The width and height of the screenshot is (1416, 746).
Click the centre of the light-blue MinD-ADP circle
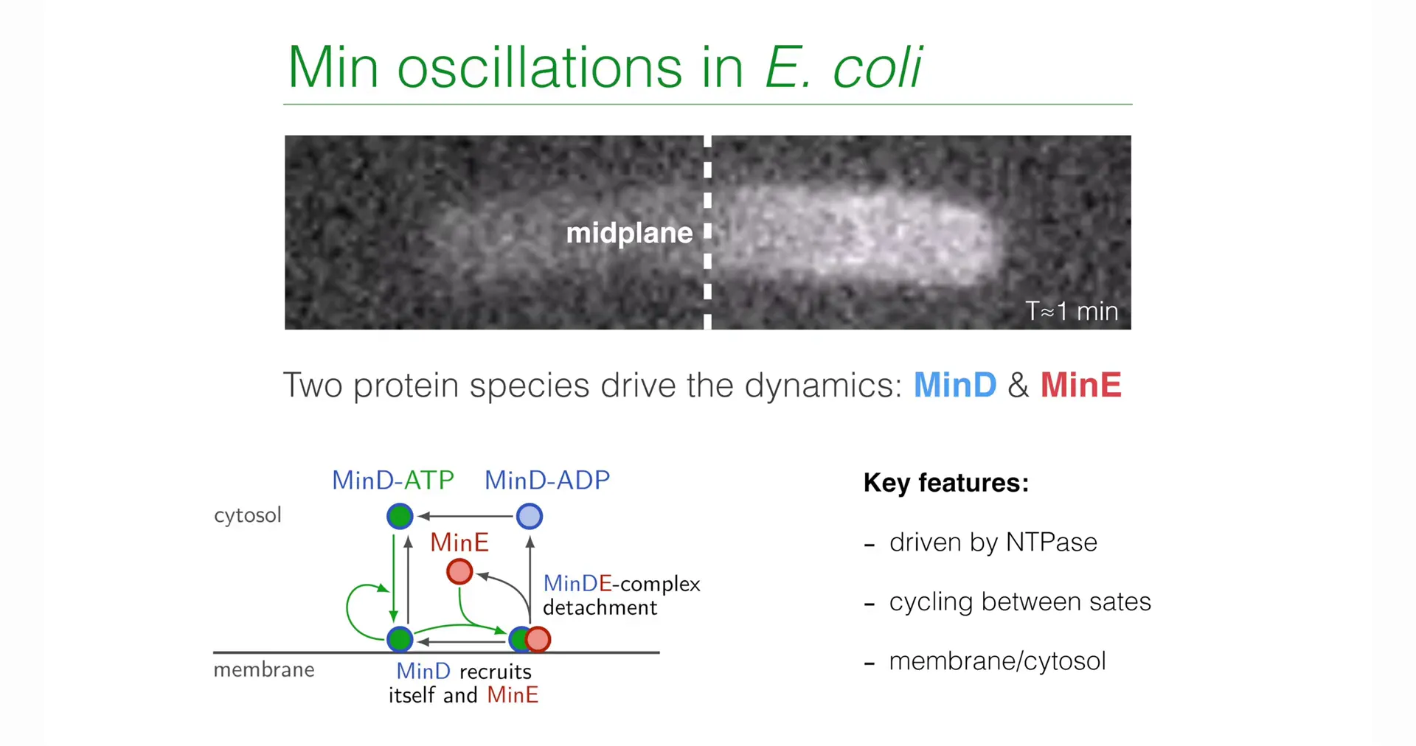(x=530, y=516)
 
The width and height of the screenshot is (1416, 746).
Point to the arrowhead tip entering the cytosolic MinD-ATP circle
(x=417, y=516)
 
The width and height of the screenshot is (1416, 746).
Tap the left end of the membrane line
(x=214, y=652)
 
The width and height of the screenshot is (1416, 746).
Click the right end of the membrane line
(x=659, y=652)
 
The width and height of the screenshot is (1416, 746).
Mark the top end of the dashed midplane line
(x=707, y=136)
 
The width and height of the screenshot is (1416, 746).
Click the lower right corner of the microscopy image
(x=1131, y=329)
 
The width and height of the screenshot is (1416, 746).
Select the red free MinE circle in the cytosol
(x=459, y=571)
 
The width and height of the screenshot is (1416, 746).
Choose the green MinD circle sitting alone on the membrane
(x=400, y=639)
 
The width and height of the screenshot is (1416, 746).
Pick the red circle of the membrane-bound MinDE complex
(x=538, y=639)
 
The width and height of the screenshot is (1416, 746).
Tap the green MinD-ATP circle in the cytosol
(x=400, y=516)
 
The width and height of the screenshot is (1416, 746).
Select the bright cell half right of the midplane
(x=855, y=234)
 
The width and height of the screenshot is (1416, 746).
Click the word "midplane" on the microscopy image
(x=629, y=233)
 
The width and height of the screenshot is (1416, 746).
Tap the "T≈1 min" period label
(x=1072, y=311)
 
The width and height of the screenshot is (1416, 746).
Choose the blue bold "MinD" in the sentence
(x=955, y=385)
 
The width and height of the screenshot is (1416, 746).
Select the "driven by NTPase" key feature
(x=993, y=543)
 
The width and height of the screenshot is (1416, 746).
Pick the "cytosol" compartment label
(x=248, y=515)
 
